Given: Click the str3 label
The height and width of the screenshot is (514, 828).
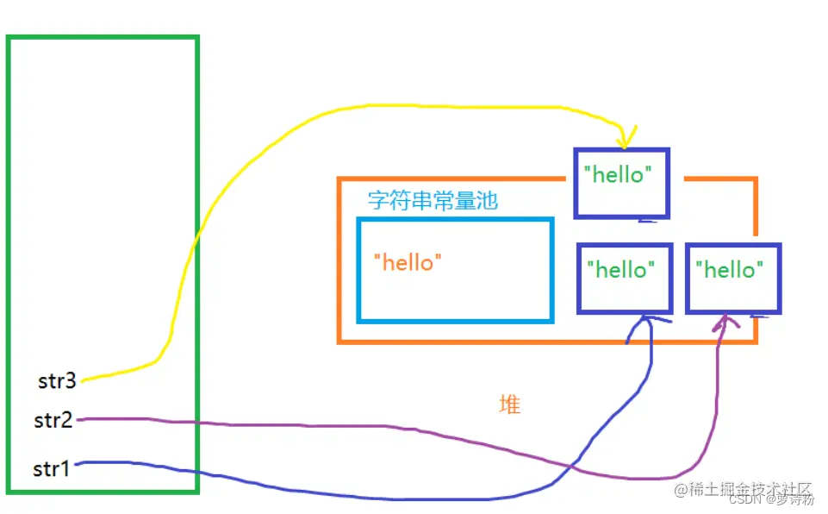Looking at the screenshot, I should click(57, 380).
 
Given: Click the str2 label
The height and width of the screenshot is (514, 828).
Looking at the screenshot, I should click(53, 421).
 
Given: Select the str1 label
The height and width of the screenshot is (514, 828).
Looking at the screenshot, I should click(51, 469).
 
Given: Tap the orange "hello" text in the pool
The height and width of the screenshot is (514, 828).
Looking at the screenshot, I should click(408, 262).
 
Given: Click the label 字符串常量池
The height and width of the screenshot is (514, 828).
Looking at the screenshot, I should click(433, 202).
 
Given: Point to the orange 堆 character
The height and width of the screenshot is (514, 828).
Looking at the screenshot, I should click(510, 404).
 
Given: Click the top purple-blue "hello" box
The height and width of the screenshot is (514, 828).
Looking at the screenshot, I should click(621, 182).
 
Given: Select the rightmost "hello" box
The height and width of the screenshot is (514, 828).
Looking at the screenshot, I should click(733, 279).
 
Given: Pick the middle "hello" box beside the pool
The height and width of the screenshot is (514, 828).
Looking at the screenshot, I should click(625, 278).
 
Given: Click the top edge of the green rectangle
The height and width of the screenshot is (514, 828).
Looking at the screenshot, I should click(103, 38).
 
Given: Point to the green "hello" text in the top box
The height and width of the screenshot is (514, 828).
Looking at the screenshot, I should click(614, 175).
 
